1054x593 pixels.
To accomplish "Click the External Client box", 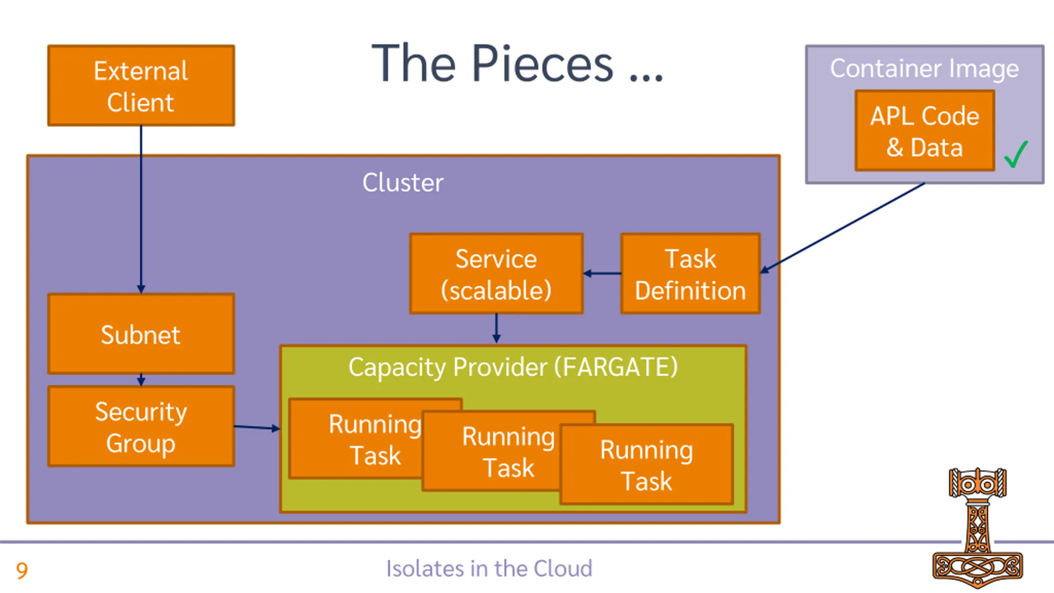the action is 141,86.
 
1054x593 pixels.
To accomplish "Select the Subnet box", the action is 141,334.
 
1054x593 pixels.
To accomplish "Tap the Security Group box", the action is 141,427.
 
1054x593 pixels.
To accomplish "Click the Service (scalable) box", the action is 496,274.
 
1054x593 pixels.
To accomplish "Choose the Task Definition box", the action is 690,274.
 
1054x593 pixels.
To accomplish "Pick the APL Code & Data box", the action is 925,131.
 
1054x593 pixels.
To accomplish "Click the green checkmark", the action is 1016,154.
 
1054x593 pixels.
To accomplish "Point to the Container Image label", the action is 924,69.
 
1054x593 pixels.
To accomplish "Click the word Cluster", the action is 403,182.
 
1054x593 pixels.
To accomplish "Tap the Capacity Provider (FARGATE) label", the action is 513,367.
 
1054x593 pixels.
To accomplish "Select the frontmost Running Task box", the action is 647,465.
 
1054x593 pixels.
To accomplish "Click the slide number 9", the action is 22,571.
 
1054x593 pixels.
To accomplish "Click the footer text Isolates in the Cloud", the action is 489,569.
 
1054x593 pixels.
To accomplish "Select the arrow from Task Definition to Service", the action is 602,273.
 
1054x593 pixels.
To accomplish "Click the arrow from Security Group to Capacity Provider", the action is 257,428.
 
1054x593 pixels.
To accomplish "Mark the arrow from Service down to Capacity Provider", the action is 496,329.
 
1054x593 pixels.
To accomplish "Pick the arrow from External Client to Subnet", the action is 141,210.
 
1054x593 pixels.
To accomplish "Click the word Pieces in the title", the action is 543,64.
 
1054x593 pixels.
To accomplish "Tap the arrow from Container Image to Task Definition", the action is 842,228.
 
